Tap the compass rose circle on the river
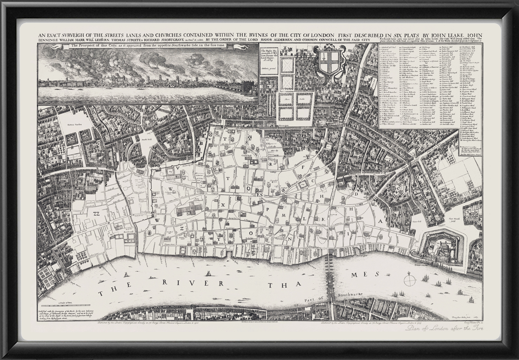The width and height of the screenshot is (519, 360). coord(409,280)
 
